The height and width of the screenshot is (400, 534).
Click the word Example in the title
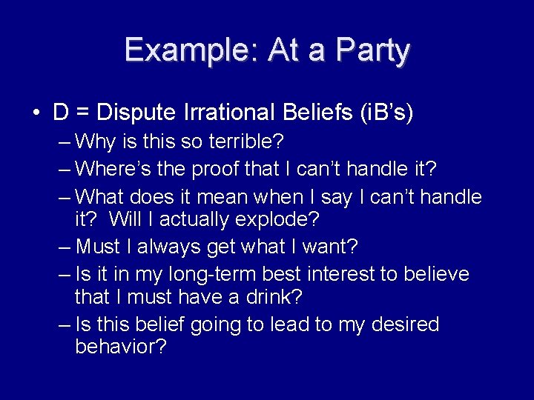[188, 50]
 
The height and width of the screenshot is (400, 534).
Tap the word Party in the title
[373, 50]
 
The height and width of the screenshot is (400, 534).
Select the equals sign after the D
[84, 113]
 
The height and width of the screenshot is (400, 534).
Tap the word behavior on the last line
[121, 347]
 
